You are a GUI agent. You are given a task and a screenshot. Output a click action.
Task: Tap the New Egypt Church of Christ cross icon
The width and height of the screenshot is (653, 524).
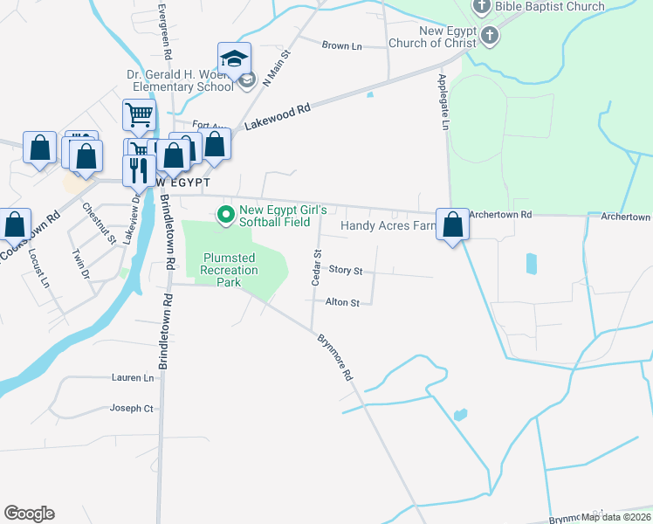click(x=489, y=37)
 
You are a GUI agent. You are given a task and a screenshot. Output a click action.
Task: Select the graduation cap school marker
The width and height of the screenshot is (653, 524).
click(x=234, y=59)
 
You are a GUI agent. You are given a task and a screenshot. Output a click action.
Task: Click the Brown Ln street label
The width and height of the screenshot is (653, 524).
click(x=341, y=45)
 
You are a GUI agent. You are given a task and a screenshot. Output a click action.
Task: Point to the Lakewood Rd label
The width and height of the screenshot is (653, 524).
click(x=278, y=118)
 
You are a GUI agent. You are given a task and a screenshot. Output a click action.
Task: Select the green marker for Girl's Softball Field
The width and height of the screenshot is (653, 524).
click(x=226, y=214)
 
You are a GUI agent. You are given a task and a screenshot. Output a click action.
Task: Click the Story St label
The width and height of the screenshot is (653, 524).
click(x=346, y=271)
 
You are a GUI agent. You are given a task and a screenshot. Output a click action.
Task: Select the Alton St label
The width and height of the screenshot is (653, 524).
click(x=342, y=303)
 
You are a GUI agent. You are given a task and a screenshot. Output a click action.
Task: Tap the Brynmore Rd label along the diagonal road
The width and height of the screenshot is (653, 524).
click(x=334, y=357)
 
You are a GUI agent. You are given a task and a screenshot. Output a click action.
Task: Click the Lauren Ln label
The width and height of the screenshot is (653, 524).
click(x=133, y=378)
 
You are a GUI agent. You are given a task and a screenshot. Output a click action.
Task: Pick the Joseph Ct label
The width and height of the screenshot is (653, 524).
click(x=132, y=408)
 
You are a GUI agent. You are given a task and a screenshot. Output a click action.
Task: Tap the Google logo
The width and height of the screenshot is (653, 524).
click(x=29, y=514)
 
